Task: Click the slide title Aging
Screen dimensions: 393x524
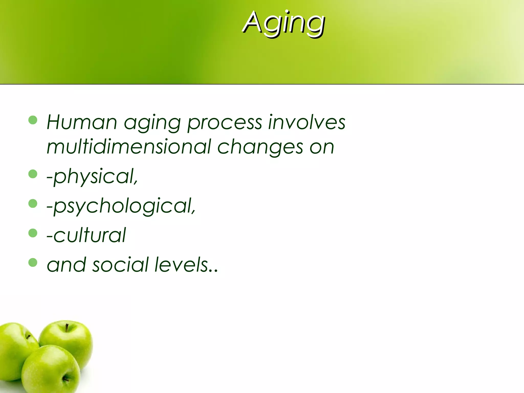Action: [x=283, y=23]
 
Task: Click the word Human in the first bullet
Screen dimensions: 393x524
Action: [x=82, y=122]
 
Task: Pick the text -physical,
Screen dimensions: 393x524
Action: [x=92, y=177]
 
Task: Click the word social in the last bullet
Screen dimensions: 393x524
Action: [x=121, y=265]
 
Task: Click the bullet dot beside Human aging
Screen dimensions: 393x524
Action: [x=33, y=120]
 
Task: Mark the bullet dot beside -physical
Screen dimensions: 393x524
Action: [x=33, y=174]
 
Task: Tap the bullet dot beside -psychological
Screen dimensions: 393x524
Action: [x=33, y=204]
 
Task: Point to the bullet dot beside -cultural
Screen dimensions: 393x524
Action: [x=33, y=233]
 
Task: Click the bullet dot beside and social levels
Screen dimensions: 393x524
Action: [x=33, y=263]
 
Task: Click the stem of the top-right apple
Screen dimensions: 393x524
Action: [x=67, y=328]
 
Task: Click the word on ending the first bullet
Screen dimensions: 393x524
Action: [x=322, y=147]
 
